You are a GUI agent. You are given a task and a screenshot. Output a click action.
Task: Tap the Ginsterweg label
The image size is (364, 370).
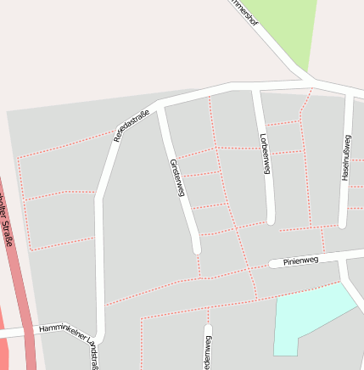coord(177,177)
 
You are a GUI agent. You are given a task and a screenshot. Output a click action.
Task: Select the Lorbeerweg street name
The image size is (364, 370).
coord(265,154)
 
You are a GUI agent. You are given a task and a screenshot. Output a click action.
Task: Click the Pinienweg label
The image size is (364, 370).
coord(300,261)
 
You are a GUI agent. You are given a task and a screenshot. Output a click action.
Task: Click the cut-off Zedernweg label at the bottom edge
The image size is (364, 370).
coord(208,352)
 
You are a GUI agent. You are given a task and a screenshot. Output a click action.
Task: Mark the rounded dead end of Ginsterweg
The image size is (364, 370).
coord(197,248)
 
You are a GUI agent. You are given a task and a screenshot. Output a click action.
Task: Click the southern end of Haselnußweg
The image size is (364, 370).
coord(343,224)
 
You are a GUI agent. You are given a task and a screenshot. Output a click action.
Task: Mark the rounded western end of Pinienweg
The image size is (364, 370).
coord(273,264)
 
